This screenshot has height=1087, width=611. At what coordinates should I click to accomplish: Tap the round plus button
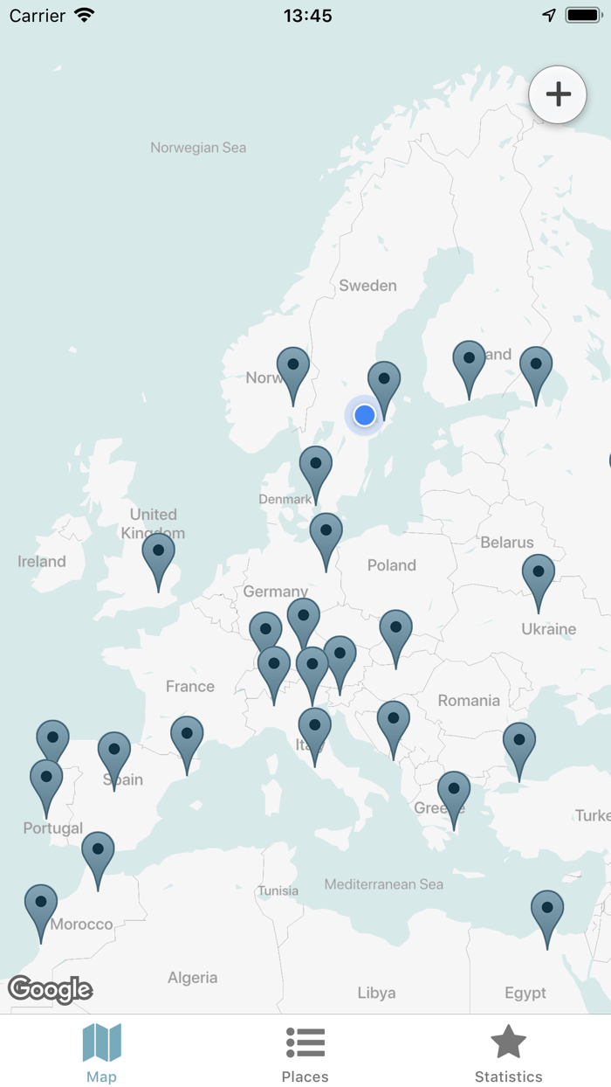coord(558,94)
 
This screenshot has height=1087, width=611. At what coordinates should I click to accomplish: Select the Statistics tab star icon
coord(508,1042)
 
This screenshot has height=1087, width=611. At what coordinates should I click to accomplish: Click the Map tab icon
coord(101,1042)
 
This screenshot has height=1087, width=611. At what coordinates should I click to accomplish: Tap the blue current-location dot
coord(365,415)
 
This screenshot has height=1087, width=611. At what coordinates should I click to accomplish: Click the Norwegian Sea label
coord(198,148)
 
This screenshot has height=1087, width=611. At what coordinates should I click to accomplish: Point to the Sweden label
coord(367,286)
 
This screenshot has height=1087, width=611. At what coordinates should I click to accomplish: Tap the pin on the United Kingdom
coord(159,558)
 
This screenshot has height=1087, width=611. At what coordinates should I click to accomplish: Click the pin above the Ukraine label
coord(539,578)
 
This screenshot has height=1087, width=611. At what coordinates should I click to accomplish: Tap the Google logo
coord(51,989)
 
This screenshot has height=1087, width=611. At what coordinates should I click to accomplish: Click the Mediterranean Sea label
coord(384,884)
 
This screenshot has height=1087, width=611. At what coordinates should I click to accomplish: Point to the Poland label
coord(392,565)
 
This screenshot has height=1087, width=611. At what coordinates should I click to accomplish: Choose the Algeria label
coord(192,978)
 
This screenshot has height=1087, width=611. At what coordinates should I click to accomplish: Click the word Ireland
coord(42,561)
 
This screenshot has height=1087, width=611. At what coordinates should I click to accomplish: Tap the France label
coord(190,686)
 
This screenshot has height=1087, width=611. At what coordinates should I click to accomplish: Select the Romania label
coord(469,700)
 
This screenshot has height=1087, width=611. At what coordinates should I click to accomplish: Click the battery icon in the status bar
coord(583,15)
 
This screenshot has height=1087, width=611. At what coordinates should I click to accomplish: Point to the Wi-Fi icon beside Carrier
coord(85,15)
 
